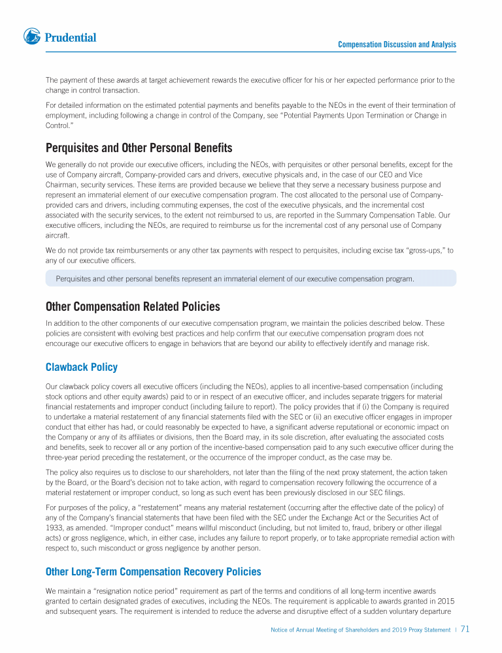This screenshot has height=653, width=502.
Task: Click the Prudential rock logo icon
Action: pos(32,37)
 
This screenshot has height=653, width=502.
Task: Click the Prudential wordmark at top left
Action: pos(71,38)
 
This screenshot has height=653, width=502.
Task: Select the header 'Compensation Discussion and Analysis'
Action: pos(397,44)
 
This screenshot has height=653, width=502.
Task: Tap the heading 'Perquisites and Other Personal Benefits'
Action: pos(139,148)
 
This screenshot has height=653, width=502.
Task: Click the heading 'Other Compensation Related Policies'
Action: pos(133,306)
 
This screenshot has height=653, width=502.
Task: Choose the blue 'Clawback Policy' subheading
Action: pos(82,367)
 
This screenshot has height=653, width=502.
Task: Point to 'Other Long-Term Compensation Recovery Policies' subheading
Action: pos(153,572)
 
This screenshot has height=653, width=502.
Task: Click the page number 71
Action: pos(465,629)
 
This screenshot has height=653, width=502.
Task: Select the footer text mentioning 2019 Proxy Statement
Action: pos(360,630)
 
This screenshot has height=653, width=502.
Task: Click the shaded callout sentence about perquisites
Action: pos(235,279)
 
